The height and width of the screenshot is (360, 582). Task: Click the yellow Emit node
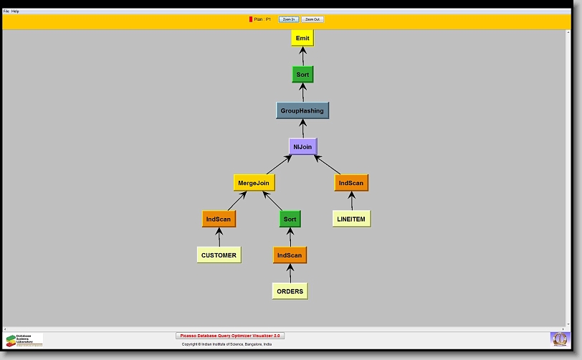tap(302, 38)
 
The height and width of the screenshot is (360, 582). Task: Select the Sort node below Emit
tap(302, 75)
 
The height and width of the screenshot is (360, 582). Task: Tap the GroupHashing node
tap(302, 110)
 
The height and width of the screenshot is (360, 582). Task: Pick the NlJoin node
tap(302, 147)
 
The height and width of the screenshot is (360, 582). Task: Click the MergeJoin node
tap(254, 183)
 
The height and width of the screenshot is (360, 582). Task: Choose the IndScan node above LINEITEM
tap(351, 183)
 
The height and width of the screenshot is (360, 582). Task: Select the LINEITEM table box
tap(351, 219)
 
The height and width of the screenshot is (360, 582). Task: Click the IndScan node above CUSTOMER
tap(219, 219)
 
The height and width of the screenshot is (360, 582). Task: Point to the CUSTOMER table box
tap(219, 255)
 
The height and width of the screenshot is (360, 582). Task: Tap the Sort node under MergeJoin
tap(290, 219)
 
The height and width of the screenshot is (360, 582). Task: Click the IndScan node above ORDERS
tap(290, 255)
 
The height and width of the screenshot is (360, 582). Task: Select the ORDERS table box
tap(290, 291)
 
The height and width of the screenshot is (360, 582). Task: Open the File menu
tap(6, 11)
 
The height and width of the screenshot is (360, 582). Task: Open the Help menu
tap(16, 11)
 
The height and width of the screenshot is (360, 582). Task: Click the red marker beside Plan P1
tap(251, 19)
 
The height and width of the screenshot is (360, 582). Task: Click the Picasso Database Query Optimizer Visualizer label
tap(230, 336)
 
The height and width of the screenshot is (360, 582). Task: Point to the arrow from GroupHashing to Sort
tap(302, 93)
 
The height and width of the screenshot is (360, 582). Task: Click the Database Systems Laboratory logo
tap(24, 340)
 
